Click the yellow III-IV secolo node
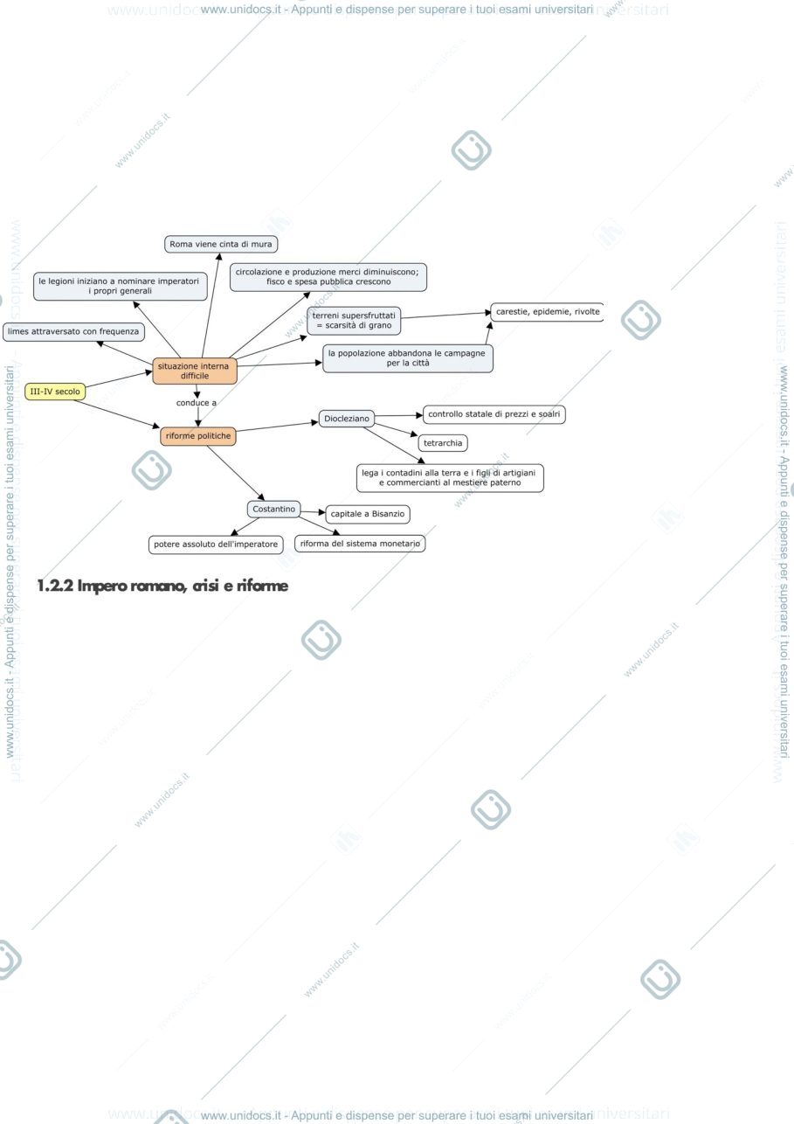(x=55, y=392)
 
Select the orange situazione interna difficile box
(x=195, y=371)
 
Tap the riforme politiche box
(x=198, y=436)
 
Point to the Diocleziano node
(x=347, y=419)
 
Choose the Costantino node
(x=274, y=510)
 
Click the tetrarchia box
(x=443, y=443)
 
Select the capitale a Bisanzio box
(x=368, y=514)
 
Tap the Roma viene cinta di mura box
(x=221, y=245)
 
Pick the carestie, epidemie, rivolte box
(x=548, y=312)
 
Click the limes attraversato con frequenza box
(x=73, y=331)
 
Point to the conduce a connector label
(x=197, y=403)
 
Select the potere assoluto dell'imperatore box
(x=216, y=545)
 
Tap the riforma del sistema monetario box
(x=360, y=544)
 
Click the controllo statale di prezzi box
(x=494, y=414)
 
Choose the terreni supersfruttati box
(x=354, y=321)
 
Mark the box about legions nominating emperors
(x=120, y=286)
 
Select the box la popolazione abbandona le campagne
(x=408, y=358)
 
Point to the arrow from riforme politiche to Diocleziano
(x=278, y=427)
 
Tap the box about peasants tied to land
(x=450, y=478)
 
